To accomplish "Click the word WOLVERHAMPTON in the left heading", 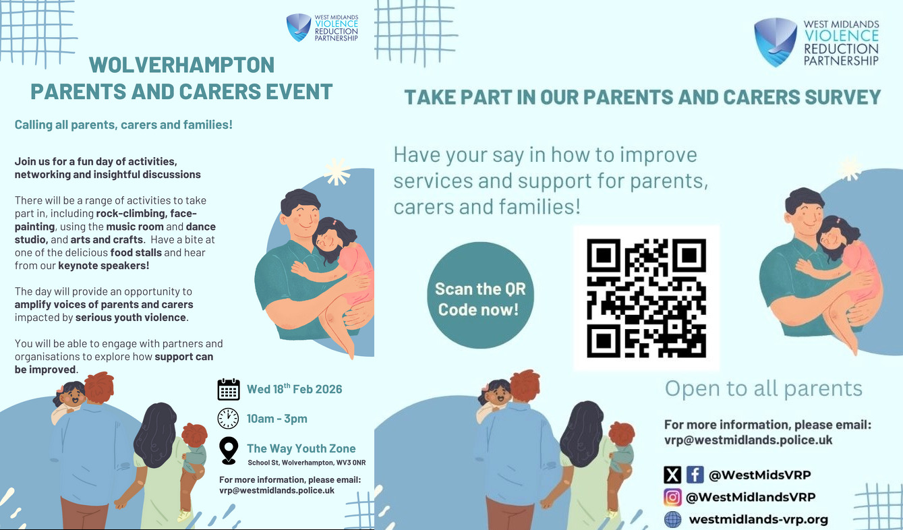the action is coord(181,65).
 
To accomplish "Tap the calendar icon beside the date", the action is coord(229,389).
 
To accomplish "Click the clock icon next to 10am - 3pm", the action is coord(228,418).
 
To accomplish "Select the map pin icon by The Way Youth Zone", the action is coord(229,450).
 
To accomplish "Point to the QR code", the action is coord(646,298).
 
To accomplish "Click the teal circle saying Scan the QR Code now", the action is coord(480,295).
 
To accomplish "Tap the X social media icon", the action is coord(672,475).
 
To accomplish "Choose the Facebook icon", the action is coord(695,475).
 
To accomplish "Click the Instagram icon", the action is coord(672,497).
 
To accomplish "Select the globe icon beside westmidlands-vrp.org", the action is coord(672,519).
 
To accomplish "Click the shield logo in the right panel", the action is coord(776,42).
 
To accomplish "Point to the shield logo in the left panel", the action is coord(298,28).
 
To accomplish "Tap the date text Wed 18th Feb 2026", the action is coord(294,389).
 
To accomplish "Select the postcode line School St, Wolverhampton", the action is coord(307,463).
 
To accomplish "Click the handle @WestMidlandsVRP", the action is coord(751,498).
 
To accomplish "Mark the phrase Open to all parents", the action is coord(763,388).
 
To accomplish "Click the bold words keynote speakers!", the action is coord(104,266).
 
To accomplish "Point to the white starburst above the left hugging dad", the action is coord(337,171).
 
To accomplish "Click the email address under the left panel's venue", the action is coord(277,490).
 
